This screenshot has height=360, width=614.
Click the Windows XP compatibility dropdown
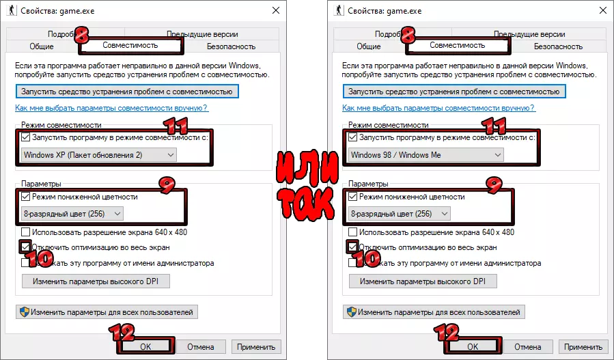click(98, 155)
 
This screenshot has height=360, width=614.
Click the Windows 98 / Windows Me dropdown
click(425, 155)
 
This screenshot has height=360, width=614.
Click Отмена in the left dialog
click(201, 347)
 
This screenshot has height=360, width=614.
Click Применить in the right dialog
click(583, 347)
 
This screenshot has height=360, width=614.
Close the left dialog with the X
click(276, 10)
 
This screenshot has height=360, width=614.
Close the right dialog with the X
click(603, 10)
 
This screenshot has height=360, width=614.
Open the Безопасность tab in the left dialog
click(231, 46)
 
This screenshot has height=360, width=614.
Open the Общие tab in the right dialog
click(369, 46)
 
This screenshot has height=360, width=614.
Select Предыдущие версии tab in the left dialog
click(202, 34)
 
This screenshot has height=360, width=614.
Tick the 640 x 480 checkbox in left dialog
click(25, 232)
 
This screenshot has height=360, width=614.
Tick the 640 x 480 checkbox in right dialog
click(352, 232)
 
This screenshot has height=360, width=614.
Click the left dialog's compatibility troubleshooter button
click(127, 92)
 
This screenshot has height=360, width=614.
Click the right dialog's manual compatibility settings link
click(438, 108)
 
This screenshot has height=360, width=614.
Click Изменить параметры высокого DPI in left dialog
click(96, 281)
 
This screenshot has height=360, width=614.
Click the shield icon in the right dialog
click(352, 312)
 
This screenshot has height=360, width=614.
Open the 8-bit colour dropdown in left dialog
click(72, 214)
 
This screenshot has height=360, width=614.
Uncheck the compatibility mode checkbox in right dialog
click(352, 137)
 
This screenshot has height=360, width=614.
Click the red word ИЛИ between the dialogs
click(307, 167)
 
